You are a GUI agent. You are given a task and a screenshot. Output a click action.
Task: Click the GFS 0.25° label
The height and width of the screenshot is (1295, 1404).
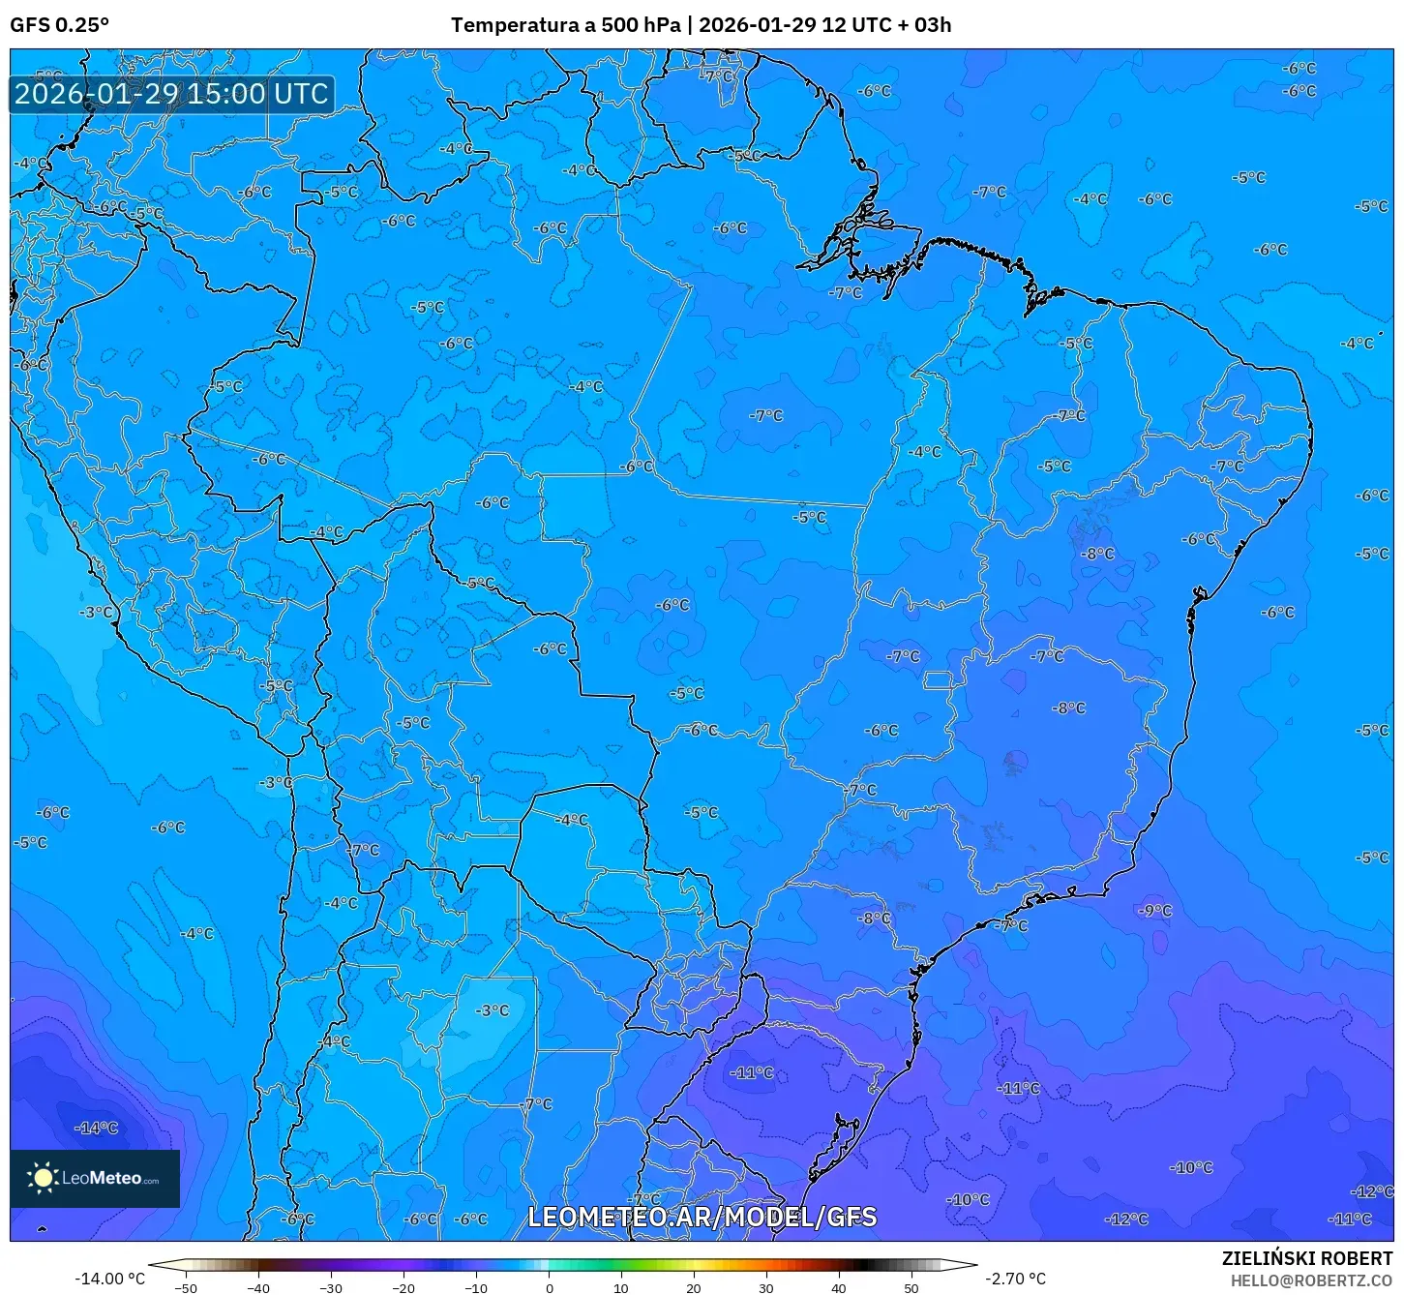(x=59, y=25)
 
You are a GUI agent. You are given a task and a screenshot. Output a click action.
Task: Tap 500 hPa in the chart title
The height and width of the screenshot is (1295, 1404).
(x=641, y=25)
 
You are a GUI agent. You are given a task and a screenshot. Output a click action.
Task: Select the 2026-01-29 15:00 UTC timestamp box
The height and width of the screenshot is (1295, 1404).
(x=171, y=94)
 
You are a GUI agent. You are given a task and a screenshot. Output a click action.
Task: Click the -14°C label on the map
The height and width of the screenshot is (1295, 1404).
(x=97, y=1128)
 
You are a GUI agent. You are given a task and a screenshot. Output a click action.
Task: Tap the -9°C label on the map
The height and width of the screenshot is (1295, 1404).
(x=1155, y=911)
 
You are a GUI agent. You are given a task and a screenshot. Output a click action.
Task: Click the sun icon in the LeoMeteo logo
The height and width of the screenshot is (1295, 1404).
(x=43, y=1178)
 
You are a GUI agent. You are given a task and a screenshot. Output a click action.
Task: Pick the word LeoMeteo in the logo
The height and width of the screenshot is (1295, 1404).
(x=102, y=1179)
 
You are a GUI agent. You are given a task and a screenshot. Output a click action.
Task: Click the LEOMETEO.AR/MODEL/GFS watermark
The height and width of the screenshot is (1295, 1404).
(x=702, y=1217)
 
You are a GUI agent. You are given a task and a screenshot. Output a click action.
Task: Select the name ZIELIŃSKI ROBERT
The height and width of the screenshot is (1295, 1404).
(x=1306, y=1259)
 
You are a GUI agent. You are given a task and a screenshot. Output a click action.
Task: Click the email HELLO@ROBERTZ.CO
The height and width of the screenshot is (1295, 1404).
(x=1311, y=1280)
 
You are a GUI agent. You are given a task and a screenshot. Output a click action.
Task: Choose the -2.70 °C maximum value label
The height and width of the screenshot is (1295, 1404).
(x=1015, y=1279)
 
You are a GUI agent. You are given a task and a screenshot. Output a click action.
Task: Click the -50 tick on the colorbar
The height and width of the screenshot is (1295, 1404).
(x=186, y=1288)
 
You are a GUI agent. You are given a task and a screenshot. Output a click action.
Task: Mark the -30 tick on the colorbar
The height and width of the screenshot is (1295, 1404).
(x=331, y=1288)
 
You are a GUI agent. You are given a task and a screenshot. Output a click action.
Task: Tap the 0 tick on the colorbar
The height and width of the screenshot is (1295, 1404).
(x=549, y=1288)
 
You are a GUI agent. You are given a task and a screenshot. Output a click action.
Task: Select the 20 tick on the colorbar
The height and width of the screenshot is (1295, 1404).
(x=694, y=1288)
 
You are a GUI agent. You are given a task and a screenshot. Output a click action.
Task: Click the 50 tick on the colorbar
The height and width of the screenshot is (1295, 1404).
(x=911, y=1288)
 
